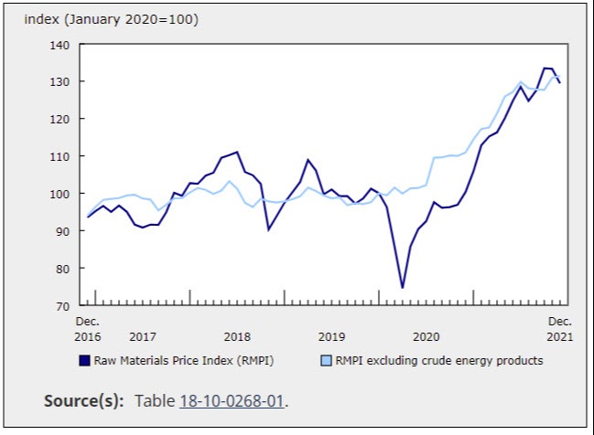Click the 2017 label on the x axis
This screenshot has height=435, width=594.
pyautogui.click(x=143, y=336)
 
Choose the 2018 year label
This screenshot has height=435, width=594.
pyautogui.click(x=237, y=336)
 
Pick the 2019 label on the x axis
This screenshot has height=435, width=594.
pyautogui.click(x=331, y=336)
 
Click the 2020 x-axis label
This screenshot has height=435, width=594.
pyautogui.click(x=427, y=336)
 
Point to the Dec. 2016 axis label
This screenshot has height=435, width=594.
pyautogui.click(x=87, y=329)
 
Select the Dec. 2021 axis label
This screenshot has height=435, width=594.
pyautogui.click(x=560, y=329)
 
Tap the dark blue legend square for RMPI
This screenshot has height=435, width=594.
pyautogui.click(x=83, y=361)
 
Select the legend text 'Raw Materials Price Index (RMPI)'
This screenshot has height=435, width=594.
pyautogui.click(x=183, y=361)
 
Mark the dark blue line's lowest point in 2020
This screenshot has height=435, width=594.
pyautogui.click(x=402, y=288)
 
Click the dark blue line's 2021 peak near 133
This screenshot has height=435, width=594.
pyautogui.click(x=546, y=69)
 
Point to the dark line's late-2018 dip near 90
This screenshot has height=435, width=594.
pyautogui.click(x=268, y=229)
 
